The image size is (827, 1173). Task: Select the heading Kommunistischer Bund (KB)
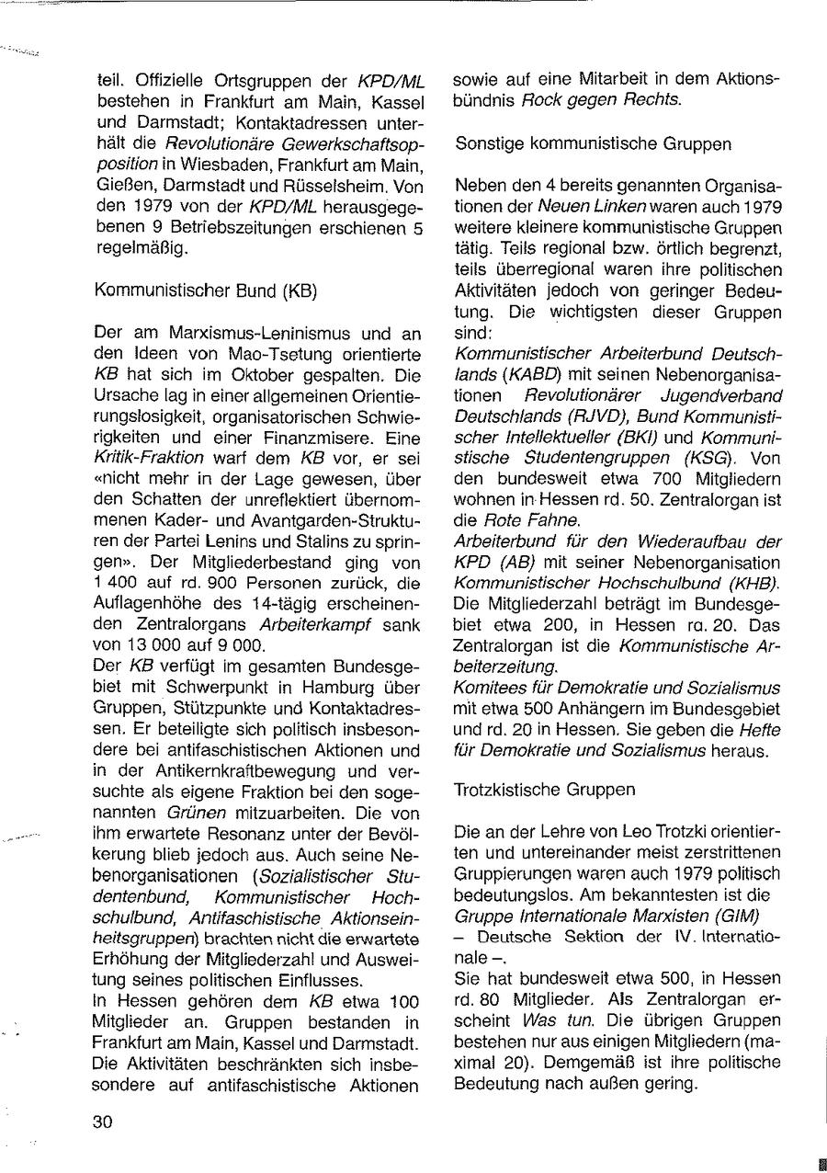[x=206, y=291]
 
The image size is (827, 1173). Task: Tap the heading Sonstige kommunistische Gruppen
[x=594, y=143]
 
